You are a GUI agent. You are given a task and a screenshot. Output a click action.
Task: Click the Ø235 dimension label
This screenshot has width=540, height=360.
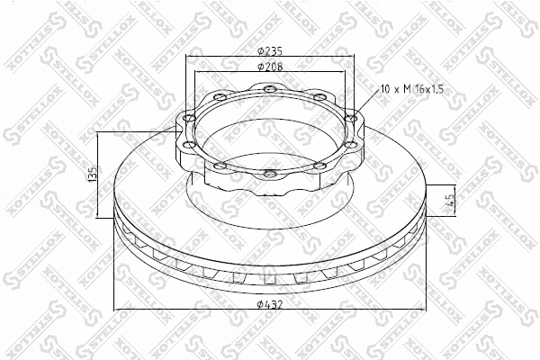[x=270, y=51]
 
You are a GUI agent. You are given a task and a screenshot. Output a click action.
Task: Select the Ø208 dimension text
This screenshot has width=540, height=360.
[x=270, y=66]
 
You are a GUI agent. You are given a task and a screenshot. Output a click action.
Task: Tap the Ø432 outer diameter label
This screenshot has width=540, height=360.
[x=270, y=304]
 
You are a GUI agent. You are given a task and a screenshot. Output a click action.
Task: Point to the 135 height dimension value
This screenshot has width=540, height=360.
[x=93, y=175]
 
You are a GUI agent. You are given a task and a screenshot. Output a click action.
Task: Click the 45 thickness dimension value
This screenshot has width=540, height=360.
[x=450, y=200]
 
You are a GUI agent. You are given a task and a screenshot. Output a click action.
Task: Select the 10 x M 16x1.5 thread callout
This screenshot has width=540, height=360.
[x=412, y=90]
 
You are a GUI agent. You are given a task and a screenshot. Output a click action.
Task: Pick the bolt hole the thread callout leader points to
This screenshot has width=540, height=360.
[x=351, y=119]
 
